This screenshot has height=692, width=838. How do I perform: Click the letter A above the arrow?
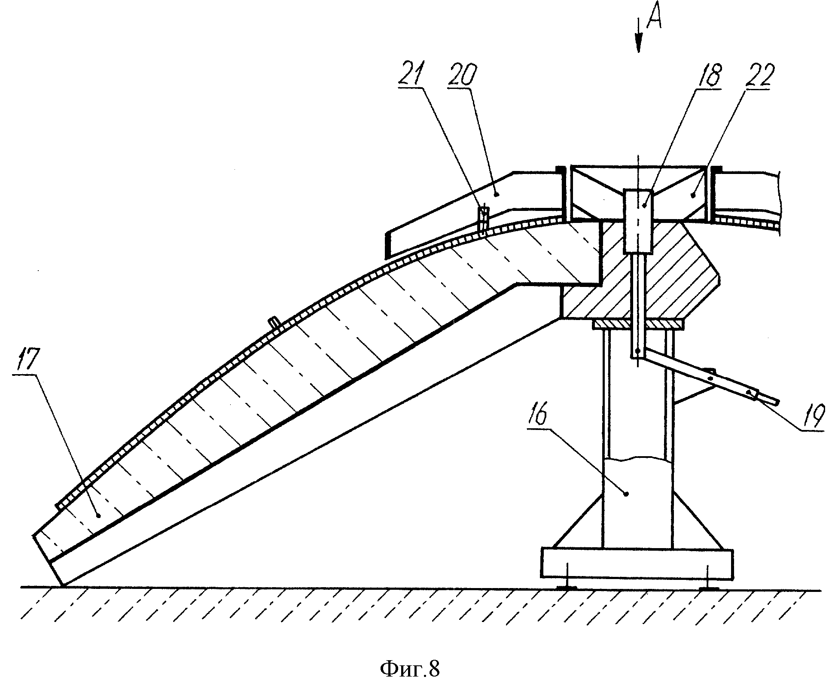click(x=654, y=16)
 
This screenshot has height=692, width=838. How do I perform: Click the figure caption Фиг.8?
click(x=410, y=669)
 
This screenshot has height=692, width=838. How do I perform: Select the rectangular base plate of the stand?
click(x=637, y=563)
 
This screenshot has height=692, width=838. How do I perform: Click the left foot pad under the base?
click(x=567, y=588)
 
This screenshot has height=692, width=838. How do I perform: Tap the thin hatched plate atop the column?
click(x=638, y=324)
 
